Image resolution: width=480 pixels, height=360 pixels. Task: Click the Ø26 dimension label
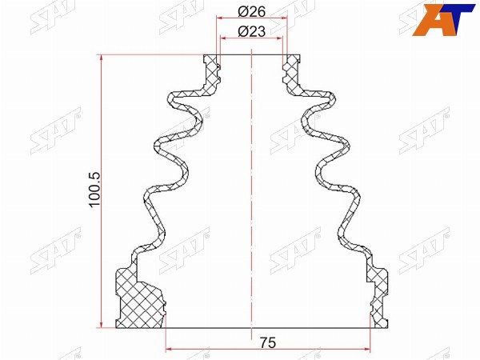click(252, 12)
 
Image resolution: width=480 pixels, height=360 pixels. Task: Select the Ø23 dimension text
click(252, 31)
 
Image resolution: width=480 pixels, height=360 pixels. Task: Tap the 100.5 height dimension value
click(95, 190)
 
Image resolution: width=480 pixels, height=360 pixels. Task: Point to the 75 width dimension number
click(268, 342)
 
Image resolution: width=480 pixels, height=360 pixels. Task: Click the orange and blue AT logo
click(442, 19)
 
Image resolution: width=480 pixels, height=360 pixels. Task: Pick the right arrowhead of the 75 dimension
click(366, 349)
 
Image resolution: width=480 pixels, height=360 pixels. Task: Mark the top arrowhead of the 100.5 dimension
click(102, 59)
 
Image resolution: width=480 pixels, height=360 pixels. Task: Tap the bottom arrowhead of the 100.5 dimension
click(102, 324)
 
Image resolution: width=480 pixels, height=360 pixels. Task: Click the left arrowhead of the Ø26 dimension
click(221, 18)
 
